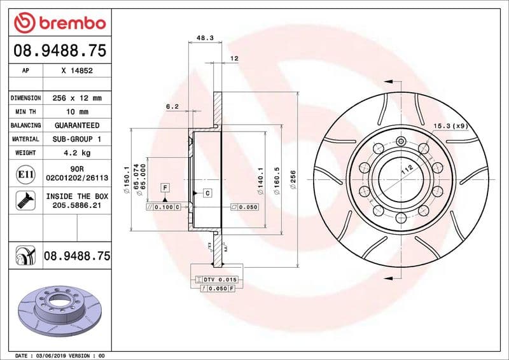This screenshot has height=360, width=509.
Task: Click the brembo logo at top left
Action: pos(59,24)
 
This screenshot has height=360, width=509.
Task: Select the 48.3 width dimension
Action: pos(204,38)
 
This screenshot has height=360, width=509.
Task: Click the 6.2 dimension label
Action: pos(172,107)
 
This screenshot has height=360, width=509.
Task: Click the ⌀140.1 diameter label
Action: pos(260,176)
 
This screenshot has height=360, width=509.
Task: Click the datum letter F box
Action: pos(165,187)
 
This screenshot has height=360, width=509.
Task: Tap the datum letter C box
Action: pos(207,192)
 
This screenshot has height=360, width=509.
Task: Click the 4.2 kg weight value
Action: pos(77,153)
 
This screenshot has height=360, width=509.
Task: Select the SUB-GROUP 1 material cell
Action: pos(77,139)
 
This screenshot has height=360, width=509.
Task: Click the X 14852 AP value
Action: pos(77,71)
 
